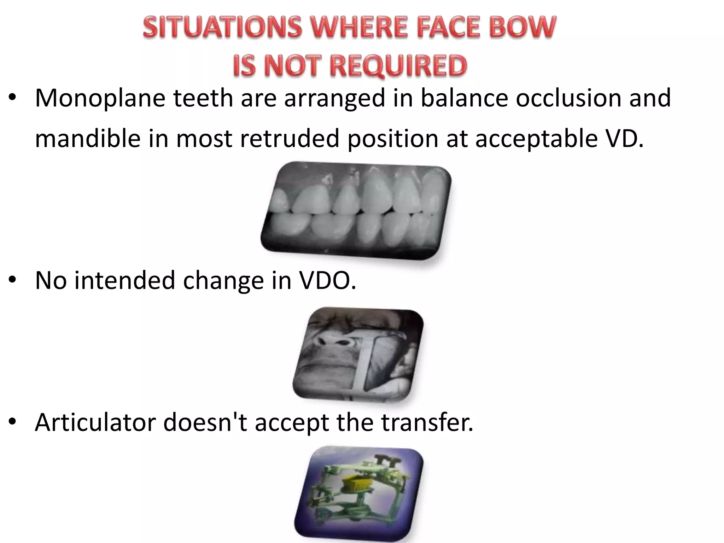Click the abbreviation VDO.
click(327, 280)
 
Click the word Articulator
click(95, 422)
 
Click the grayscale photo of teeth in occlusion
click(355, 210)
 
